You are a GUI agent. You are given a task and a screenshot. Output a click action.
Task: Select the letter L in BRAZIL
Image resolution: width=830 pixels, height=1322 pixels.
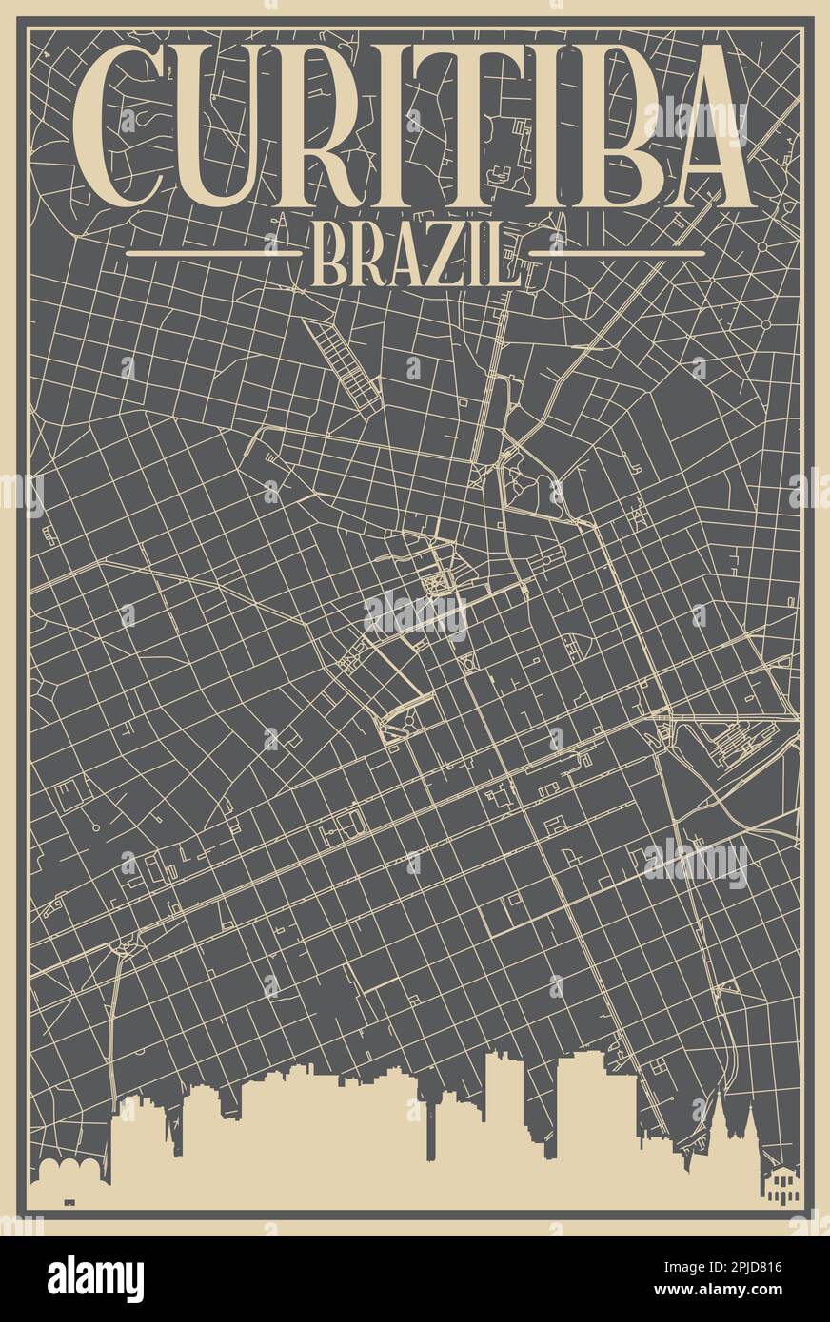click(506, 255)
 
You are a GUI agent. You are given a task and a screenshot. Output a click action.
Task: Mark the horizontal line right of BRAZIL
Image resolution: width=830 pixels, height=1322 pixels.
click(628, 254)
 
